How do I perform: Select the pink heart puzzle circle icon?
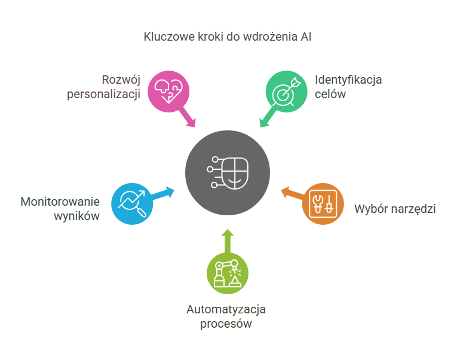point(169,91)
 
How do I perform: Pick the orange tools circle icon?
point(323,203)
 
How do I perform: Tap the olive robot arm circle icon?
point(228,273)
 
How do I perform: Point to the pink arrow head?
point(192,123)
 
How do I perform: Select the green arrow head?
point(263,123)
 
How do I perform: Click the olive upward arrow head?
point(228,233)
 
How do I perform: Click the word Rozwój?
point(120,80)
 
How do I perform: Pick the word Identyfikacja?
point(348,80)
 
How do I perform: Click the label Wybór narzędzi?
point(395,209)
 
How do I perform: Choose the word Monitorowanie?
point(60,201)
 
